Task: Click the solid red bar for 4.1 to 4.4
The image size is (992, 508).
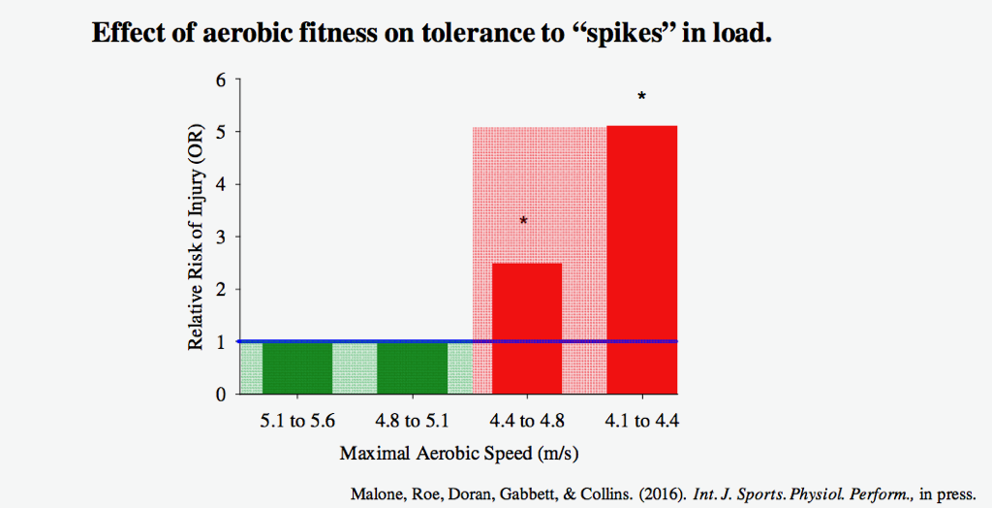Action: (641, 259)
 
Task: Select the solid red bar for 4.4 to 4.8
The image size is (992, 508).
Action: (527, 328)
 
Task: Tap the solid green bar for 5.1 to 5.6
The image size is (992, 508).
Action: (297, 367)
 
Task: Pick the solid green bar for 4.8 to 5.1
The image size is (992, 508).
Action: (412, 367)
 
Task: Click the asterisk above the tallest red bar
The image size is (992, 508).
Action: (641, 97)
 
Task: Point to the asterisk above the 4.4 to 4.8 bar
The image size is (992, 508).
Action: (524, 221)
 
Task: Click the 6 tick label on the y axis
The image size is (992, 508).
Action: (221, 79)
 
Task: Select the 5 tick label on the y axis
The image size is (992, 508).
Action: (221, 132)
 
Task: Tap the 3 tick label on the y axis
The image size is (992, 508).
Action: (221, 237)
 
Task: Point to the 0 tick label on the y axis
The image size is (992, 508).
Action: (221, 395)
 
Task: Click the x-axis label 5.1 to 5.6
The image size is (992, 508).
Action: (297, 422)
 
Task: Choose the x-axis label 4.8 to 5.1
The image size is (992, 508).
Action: (412, 422)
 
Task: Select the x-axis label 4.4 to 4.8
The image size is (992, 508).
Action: (527, 422)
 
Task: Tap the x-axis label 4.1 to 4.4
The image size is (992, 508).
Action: (641, 422)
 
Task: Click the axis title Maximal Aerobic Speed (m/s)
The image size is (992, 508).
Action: (460, 454)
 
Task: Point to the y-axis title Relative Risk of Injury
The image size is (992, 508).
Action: (195, 238)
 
